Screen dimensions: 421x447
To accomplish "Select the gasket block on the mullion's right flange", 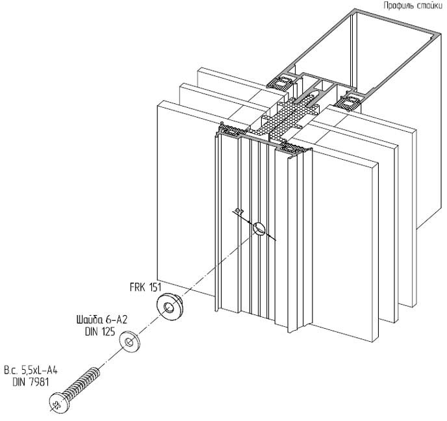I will point(351,101).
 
